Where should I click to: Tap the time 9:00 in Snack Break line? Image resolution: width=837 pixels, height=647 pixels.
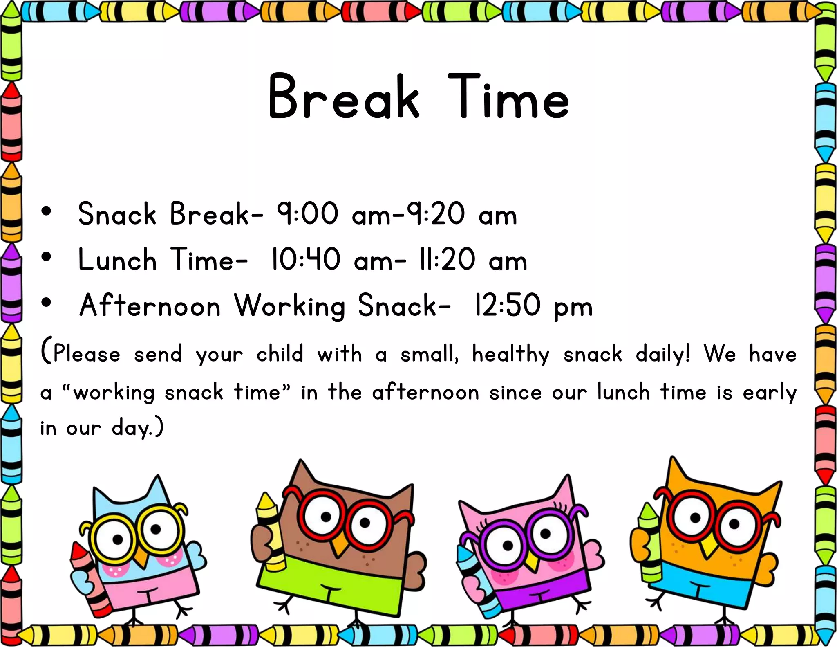tap(307, 213)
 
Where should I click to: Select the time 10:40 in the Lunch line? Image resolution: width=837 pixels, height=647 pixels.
tap(305, 259)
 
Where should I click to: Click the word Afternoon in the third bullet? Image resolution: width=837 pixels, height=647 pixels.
tap(150, 306)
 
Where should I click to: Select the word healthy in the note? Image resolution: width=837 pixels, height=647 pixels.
tap(511, 354)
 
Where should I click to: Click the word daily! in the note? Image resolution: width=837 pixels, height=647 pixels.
tap(662, 354)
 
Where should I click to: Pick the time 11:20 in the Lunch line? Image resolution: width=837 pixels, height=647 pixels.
tap(447, 259)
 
